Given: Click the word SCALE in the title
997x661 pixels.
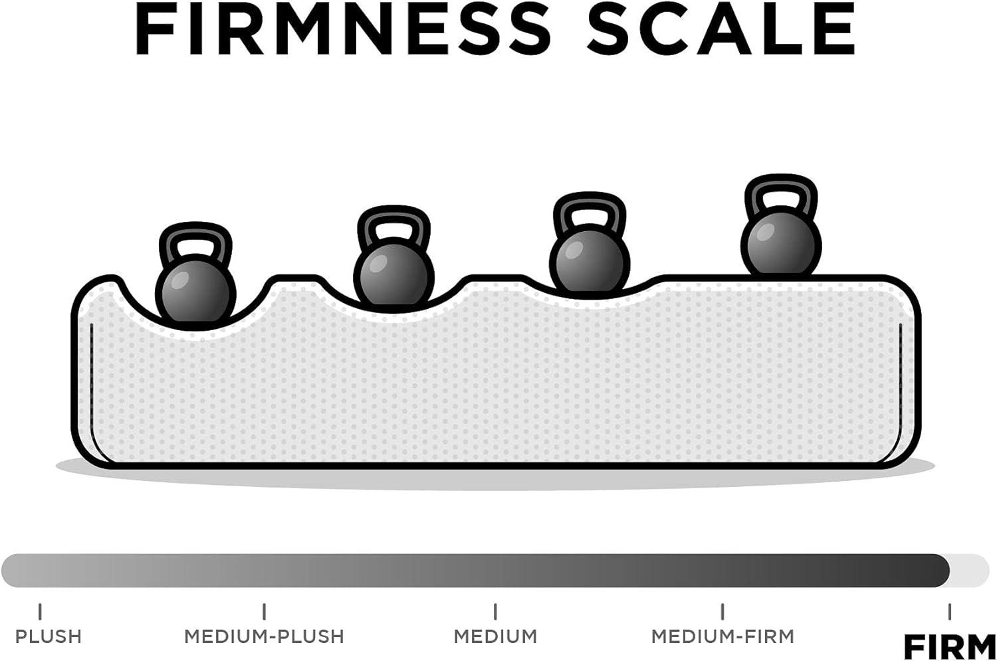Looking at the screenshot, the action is tap(720, 31).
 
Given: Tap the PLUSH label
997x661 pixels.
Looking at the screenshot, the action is tap(49, 636).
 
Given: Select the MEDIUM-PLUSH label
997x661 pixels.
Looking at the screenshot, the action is tap(265, 636).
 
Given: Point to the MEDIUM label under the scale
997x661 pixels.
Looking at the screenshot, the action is tap(495, 636).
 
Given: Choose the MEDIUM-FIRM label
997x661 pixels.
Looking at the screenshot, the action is tap(723, 636).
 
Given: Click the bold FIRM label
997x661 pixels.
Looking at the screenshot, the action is tap(949, 647).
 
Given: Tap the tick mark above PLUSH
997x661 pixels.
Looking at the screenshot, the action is tap(40, 611).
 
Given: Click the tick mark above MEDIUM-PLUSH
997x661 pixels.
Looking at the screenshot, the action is tap(265, 611).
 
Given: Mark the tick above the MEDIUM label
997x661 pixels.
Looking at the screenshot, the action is tap(495, 611).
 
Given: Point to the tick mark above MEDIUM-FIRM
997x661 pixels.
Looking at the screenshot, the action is tap(722, 611).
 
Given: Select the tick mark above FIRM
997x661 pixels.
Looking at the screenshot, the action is tap(949, 611).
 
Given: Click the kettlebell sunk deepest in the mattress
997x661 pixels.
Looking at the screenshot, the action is tap(195, 275).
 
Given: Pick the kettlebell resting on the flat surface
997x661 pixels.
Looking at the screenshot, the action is tap(781, 225).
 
